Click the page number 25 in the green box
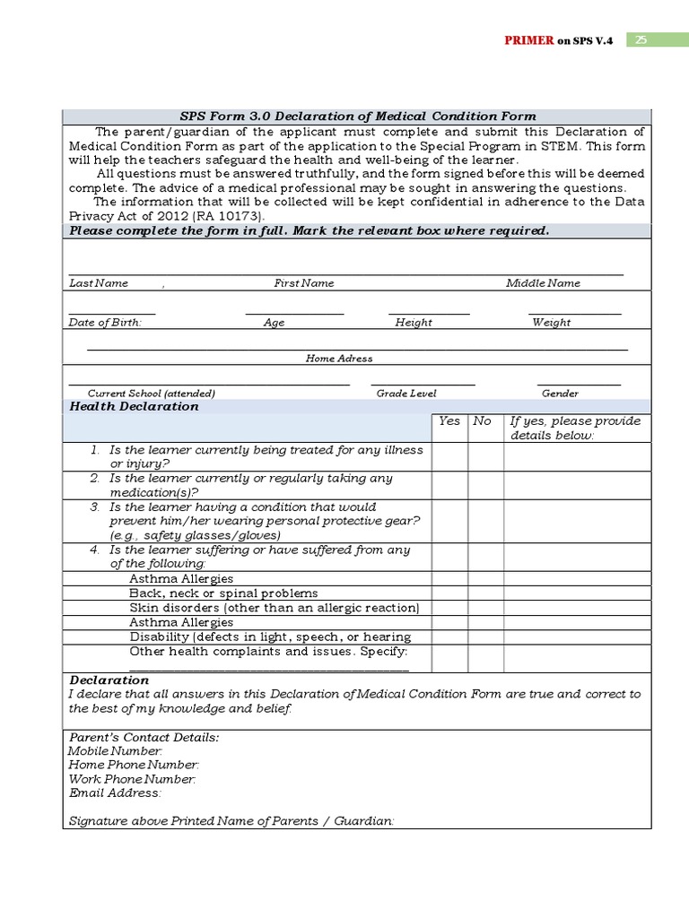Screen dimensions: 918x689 point(642,40)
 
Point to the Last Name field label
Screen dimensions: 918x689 point(99,283)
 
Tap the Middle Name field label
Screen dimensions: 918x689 point(543,283)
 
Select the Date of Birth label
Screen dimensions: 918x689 point(105,323)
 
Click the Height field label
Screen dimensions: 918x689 point(414,323)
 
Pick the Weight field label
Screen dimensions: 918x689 point(551,323)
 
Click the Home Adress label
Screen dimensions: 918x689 point(339,359)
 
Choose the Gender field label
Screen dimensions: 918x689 point(560,394)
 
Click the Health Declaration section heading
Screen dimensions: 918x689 point(134,406)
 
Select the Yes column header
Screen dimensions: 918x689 point(449,421)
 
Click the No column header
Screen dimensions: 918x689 point(483,421)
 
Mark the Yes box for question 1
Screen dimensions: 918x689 point(449,457)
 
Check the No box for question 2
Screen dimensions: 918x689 point(485,485)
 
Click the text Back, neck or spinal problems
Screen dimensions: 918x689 point(223,593)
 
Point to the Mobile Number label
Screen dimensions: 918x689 point(116,750)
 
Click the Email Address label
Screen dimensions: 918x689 point(115,793)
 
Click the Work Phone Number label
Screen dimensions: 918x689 point(132,779)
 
